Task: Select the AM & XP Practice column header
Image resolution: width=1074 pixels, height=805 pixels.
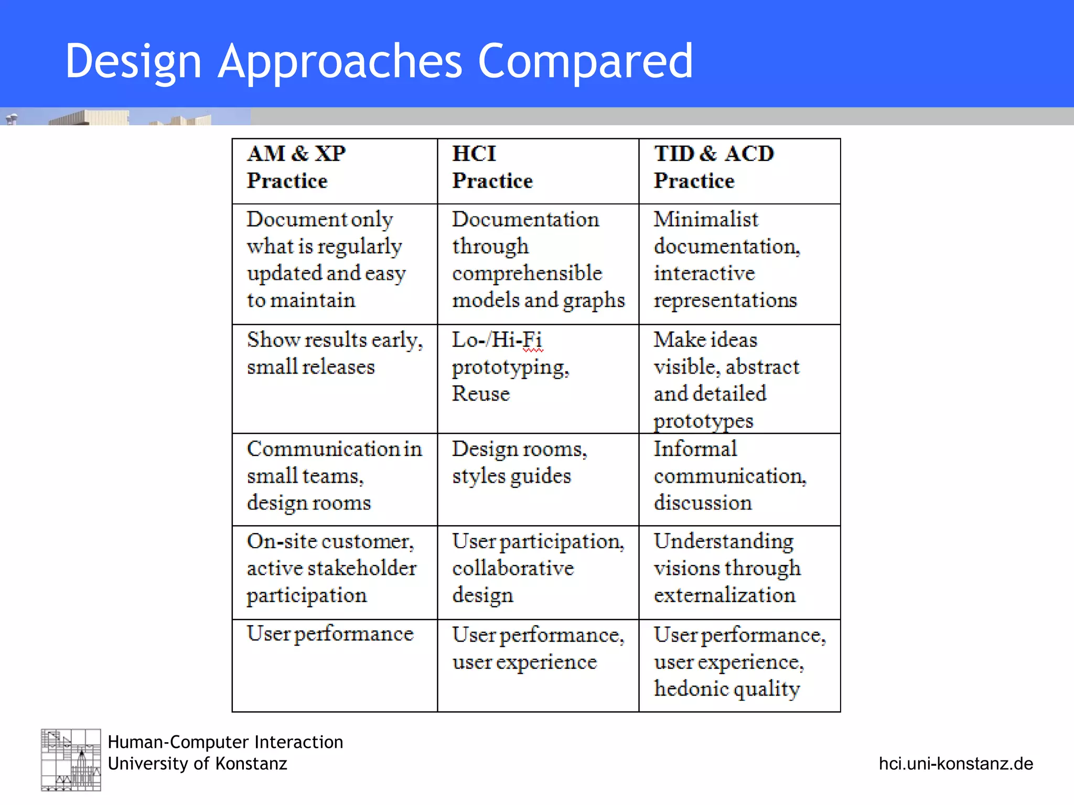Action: [x=335, y=171]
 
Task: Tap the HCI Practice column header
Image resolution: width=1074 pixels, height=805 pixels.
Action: [x=538, y=171]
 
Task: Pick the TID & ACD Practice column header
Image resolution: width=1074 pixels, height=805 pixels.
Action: [x=739, y=171]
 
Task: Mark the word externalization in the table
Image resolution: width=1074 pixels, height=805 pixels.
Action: [x=724, y=595]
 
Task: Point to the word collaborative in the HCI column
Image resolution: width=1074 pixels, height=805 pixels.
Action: [x=513, y=569]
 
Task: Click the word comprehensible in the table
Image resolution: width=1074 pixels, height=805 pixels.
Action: [x=527, y=274]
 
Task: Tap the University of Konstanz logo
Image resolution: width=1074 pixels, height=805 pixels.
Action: [x=71, y=759]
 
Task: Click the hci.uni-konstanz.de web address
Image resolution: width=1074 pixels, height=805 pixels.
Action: [x=955, y=764]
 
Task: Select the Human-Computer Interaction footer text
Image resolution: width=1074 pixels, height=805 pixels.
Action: [x=225, y=742]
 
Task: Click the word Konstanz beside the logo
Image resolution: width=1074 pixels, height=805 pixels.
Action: [x=251, y=764]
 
